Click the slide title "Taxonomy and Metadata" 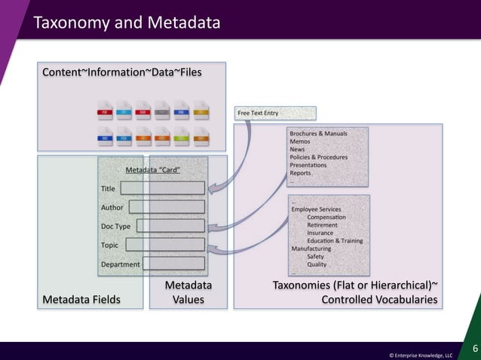[x=126, y=23]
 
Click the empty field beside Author [x=167, y=206]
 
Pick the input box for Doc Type [x=170, y=225]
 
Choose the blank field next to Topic [x=165, y=244]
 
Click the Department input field [x=173, y=264]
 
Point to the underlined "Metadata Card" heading [x=152, y=170]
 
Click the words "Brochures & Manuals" [x=318, y=133]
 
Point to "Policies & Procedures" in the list [x=319, y=157]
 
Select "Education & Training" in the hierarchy [x=334, y=241]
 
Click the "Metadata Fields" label [x=81, y=299]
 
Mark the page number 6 [x=474, y=348]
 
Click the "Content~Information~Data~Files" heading [x=121, y=72]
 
